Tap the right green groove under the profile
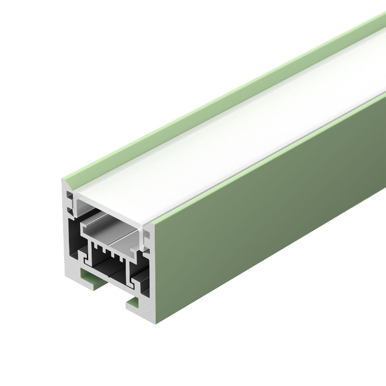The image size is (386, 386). coord(133,301)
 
